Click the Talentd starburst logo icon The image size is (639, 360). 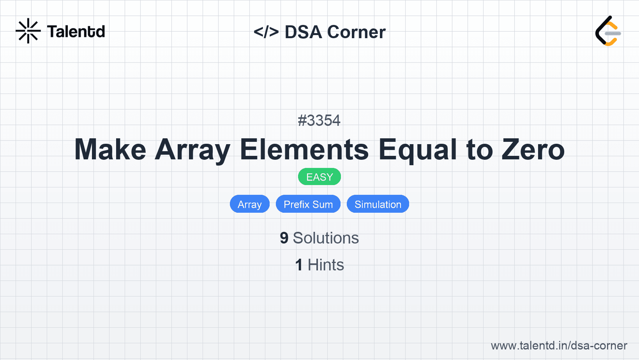28,31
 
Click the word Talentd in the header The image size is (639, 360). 76,32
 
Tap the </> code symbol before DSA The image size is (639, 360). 266,32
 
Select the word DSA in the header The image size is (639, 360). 303,32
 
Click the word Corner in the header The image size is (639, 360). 356,32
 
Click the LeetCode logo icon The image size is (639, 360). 608,31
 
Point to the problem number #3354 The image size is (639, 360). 319,120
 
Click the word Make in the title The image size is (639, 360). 110,150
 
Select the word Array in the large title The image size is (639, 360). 192,151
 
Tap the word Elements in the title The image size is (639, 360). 304,150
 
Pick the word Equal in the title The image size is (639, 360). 417,151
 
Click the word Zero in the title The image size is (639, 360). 533,150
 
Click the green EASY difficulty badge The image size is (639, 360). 319,177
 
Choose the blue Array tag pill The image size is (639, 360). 250,204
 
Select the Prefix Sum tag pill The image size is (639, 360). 308,204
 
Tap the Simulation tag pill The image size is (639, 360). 378,204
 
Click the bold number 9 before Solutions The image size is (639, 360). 284,238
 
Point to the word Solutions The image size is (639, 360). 326,238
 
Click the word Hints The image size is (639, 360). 326,265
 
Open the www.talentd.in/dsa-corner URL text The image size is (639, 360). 559,346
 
